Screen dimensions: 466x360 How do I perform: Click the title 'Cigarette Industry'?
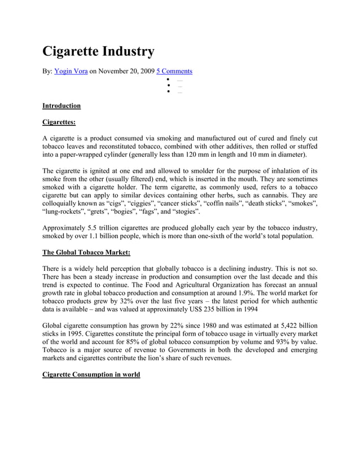click(98, 51)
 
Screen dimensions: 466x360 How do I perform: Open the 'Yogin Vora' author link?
click(71, 71)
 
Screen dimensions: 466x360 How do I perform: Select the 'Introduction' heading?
click(62, 105)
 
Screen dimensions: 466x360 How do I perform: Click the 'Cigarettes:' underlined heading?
click(59, 121)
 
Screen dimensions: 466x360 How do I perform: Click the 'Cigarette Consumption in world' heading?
click(91, 375)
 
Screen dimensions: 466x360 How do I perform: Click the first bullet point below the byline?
click(168, 80)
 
